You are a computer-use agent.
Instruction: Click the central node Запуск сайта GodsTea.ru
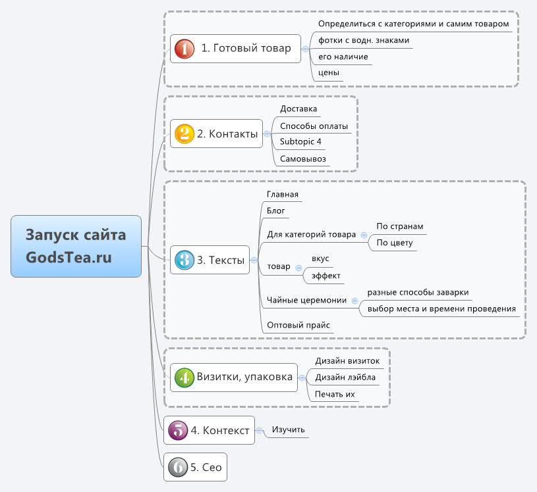(x=76, y=246)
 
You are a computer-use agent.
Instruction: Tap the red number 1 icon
(x=184, y=48)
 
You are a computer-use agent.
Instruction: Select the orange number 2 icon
(x=184, y=134)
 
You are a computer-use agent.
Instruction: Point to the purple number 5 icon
(x=178, y=431)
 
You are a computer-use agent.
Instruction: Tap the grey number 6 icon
(x=178, y=468)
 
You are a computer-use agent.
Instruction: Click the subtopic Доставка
(x=298, y=109)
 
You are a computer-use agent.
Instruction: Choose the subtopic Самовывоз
(x=303, y=159)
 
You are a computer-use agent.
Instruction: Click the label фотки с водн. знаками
(x=364, y=41)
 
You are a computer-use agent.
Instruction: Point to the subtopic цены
(x=329, y=72)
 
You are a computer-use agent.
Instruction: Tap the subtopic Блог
(x=276, y=211)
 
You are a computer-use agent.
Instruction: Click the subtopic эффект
(x=326, y=276)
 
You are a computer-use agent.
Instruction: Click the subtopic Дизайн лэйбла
(x=347, y=378)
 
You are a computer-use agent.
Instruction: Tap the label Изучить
(x=289, y=430)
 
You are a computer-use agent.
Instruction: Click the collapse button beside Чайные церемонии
(x=354, y=301)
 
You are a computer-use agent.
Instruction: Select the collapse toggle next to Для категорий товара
(x=364, y=235)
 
